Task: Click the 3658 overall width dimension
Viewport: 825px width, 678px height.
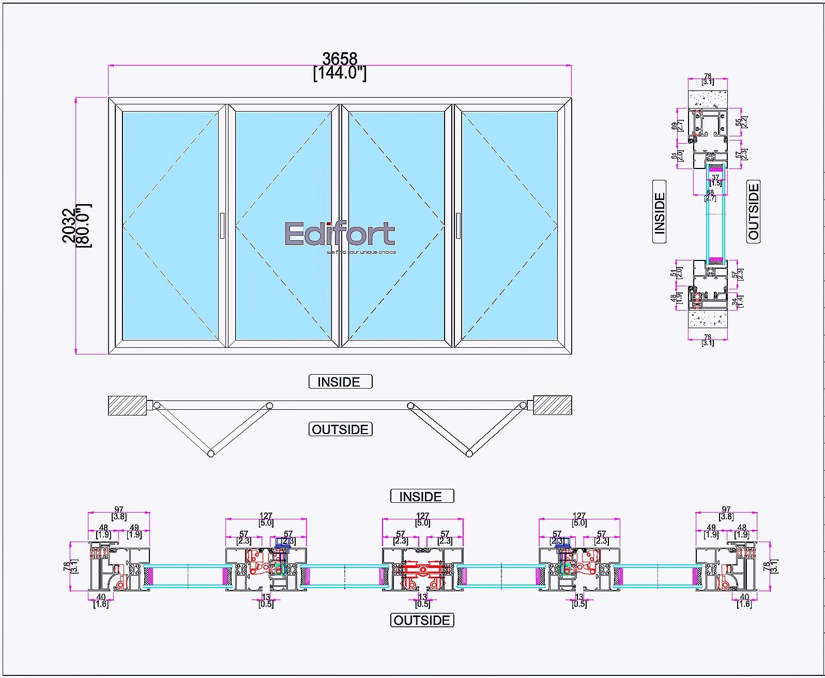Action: [x=340, y=59]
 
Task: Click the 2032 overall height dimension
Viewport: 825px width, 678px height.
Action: [x=69, y=225]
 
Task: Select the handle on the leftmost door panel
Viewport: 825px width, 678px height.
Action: [x=222, y=226]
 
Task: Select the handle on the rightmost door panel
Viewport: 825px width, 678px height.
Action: [x=458, y=226]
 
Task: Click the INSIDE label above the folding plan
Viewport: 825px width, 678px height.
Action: [x=340, y=382]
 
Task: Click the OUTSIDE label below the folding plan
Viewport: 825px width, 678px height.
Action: [x=340, y=429]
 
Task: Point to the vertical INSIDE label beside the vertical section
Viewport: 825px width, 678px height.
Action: [x=660, y=212]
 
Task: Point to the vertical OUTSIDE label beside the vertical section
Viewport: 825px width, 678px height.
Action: [x=754, y=211]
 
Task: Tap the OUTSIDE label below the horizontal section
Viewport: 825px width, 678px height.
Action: [x=422, y=620]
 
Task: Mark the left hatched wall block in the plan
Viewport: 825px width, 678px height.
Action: [x=127, y=405]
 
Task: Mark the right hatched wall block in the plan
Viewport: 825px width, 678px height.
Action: [x=553, y=405]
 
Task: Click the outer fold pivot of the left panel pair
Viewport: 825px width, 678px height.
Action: [x=211, y=454]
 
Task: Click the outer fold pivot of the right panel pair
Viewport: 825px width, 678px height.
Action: [x=469, y=454]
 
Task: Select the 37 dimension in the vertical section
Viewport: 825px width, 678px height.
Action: [x=715, y=177]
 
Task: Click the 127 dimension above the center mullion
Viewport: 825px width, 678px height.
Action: [x=422, y=516]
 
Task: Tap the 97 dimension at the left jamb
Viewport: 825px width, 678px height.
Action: [x=119, y=510]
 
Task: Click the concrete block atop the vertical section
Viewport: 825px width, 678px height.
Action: [x=708, y=99]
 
